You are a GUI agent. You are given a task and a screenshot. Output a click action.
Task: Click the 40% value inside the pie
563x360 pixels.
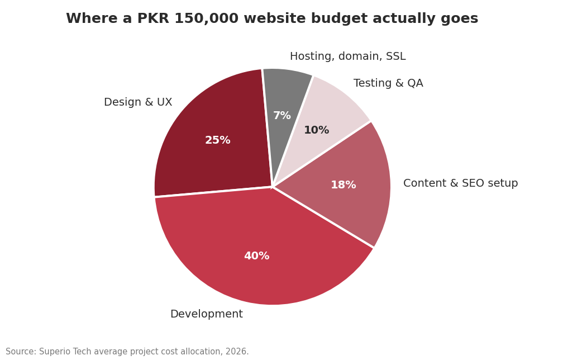pos(257,256)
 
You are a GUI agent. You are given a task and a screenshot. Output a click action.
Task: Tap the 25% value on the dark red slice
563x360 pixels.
pos(218,140)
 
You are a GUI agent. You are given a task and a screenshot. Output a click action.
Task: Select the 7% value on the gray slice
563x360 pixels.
pos(282,115)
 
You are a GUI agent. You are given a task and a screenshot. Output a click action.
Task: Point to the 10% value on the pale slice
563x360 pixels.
pos(316,130)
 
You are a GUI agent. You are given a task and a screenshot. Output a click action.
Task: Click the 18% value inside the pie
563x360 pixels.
pos(343,184)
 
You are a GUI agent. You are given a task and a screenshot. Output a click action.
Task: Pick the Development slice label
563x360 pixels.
pos(207,314)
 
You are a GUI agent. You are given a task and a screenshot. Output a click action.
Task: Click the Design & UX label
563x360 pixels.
pos(138,102)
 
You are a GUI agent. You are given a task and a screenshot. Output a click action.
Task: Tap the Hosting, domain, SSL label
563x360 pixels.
pos(347,56)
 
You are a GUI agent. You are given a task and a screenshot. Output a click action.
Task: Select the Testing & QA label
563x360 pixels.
pos(388,83)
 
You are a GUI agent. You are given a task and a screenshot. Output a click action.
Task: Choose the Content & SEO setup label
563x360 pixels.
pos(460,183)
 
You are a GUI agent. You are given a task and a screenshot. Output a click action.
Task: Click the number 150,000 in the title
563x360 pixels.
pos(206,18)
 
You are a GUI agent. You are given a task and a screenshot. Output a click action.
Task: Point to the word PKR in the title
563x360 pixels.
pos(153,18)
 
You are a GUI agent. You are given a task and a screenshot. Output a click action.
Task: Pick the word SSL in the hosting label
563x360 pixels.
pos(395,56)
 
